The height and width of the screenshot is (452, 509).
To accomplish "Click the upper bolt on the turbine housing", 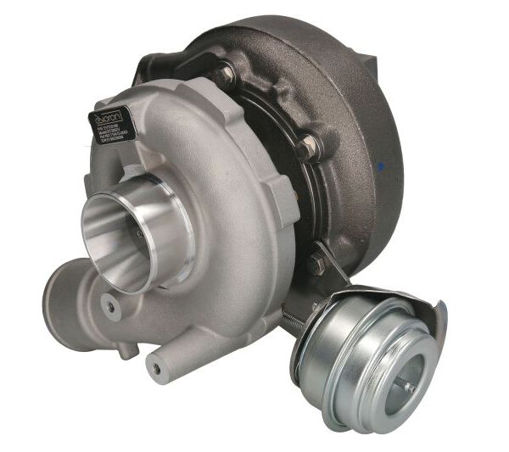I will (x=224, y=74).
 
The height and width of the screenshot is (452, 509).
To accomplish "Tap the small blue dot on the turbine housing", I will (x=383, y=165).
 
